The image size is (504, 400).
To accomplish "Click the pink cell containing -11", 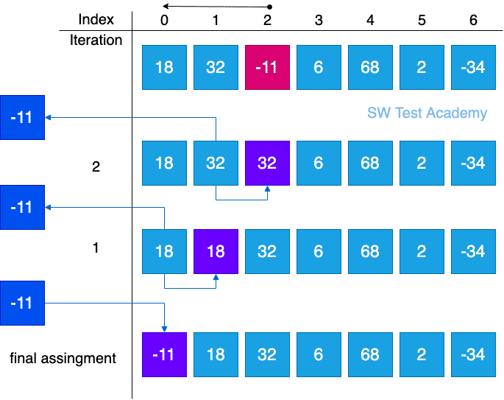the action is [267, 67].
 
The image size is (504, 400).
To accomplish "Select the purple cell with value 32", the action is [267, 163].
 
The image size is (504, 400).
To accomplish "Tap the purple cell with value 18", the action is [216, 252].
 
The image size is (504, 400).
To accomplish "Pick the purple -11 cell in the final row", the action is [164, 354].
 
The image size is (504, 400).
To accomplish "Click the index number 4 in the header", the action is [370, 21].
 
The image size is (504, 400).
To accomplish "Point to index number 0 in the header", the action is [164, 21].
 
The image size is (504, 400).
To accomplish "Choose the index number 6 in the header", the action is [473, 21].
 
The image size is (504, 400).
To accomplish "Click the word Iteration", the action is [96, 41].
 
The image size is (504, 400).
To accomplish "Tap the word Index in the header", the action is [96, 20].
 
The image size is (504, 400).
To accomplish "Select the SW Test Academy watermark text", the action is [427, 113].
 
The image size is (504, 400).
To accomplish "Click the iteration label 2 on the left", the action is [96, 166].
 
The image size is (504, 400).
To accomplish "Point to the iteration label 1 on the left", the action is [96, 248].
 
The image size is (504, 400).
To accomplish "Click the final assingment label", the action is [63, 359].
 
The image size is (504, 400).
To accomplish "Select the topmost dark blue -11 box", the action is [23, 117].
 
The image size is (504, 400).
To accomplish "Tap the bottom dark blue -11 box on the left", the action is [23, 303].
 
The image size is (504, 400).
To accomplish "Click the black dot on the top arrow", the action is [270, 7].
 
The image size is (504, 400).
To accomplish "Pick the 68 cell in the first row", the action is [370, 67].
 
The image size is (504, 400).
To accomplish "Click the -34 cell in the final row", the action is [473, 354].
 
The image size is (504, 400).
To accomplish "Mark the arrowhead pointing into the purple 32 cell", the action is [267, 189].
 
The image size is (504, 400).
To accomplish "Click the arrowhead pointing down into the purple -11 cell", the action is [164, 329].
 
